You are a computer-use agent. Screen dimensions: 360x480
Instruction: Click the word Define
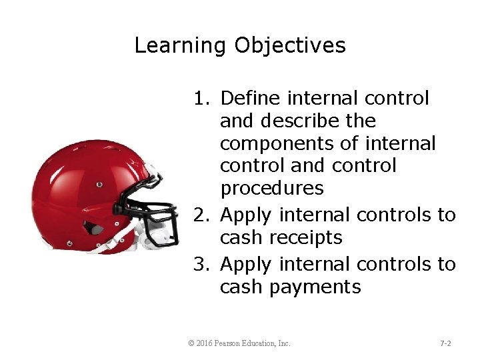point(251,99)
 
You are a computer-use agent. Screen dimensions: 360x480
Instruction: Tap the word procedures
point(272,189)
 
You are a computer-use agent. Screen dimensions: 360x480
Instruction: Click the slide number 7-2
point(445,343)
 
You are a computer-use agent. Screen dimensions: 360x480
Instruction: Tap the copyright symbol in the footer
point(191,343)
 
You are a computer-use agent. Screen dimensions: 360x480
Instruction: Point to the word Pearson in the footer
point(231,343)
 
